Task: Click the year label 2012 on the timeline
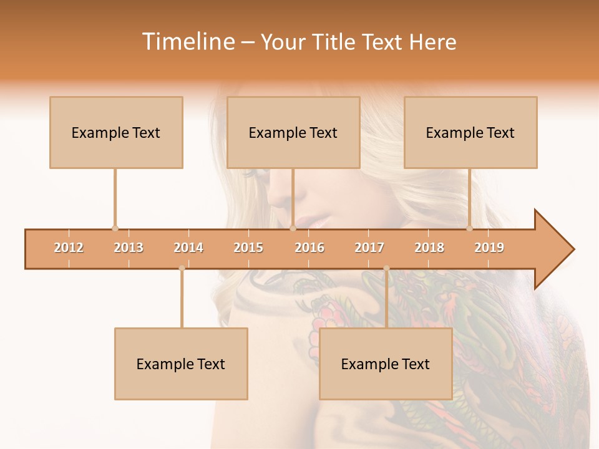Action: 69,248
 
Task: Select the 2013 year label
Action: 129,248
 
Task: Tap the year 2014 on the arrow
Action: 188,248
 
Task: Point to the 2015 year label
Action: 248,248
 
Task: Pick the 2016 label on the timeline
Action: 309,248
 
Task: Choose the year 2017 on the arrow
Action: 369,248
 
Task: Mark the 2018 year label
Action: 429,248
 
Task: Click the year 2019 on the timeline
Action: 489,248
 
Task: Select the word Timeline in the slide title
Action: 187,42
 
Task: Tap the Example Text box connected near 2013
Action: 116,132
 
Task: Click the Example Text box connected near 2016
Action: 293,132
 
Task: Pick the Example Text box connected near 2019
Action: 470,132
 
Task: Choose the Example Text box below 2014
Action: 181,364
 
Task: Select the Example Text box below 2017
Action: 386,364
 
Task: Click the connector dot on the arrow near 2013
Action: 115,229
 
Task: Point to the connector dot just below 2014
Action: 182,268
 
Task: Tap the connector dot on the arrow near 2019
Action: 469,229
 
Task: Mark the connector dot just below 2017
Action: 386,268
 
